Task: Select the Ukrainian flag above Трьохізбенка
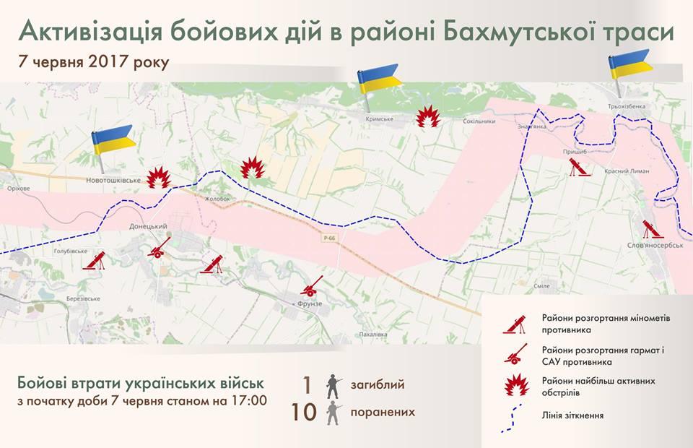click(629, 64)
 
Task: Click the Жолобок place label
click(217, 199)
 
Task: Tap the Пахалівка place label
click(373, 335)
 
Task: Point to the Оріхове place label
click(18, 189)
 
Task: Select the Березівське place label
click(82, 298)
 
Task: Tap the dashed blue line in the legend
click(516, 417)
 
